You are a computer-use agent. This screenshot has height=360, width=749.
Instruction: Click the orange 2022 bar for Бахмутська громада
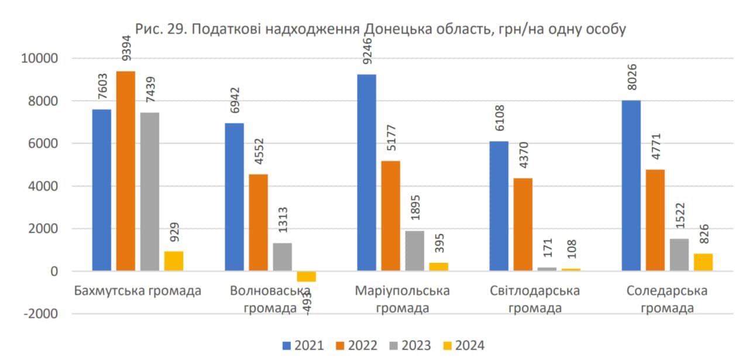(x=125, y=171)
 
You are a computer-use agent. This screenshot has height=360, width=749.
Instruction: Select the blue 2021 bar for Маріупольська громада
(x=367, y=173)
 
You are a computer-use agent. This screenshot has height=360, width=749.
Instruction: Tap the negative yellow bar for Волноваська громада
(x=306, y=276)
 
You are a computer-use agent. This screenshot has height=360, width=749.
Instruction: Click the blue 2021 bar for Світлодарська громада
(x=499, y=206)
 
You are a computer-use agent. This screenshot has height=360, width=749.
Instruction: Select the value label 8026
(x=631, y=78)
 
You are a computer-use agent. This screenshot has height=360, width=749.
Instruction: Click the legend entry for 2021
(x=303, y=345)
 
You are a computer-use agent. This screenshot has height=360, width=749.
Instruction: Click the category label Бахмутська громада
(x=138, y=291)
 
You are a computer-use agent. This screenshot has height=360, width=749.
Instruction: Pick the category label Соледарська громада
(x=666, y=299)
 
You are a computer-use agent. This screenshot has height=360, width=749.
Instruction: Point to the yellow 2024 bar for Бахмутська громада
(x=174, y=261)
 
